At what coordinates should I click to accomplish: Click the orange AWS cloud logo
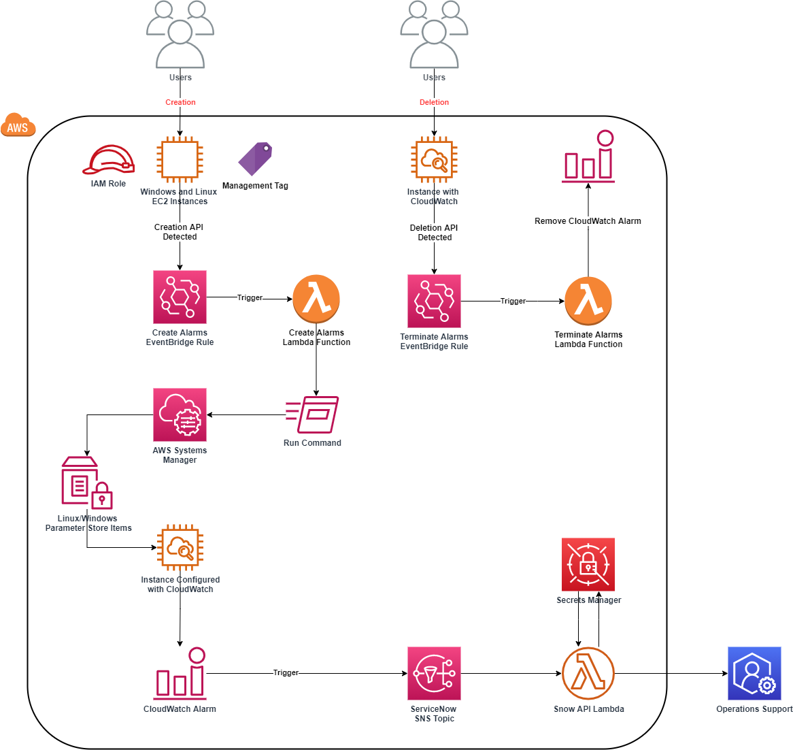18,125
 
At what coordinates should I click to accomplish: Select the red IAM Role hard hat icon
108,160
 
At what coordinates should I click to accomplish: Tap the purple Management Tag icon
255,159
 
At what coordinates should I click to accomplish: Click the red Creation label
180,102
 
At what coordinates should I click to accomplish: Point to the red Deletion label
434,102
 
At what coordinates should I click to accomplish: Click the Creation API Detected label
180,232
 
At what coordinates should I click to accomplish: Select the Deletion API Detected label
435,233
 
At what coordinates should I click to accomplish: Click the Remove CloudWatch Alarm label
588,221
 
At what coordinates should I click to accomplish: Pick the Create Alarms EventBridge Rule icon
180,297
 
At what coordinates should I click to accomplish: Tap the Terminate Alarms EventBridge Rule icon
434,301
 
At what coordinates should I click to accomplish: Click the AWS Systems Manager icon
180,414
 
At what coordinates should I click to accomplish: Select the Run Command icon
312,414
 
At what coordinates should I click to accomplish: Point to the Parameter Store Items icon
86,483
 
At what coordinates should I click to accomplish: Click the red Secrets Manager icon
588,564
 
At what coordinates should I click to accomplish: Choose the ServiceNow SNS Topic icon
434,673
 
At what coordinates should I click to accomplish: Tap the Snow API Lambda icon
588,673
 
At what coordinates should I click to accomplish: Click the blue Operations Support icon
754,673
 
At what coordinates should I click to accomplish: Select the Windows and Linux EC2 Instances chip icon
180,160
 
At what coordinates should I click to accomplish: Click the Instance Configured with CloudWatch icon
180,547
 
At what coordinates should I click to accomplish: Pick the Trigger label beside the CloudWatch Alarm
286,672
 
